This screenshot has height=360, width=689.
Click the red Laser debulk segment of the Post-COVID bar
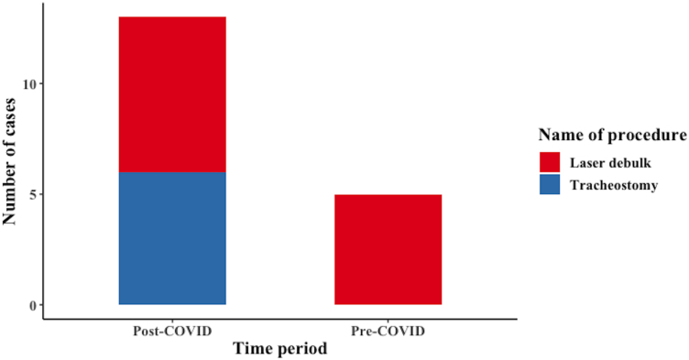click(172, 94)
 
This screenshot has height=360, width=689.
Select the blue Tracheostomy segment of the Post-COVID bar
click(172, 238)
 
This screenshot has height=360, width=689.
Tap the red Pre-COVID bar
click(388, 249)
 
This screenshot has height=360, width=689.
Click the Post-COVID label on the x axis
click(172, 330)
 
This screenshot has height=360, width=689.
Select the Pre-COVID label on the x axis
click(388, 330)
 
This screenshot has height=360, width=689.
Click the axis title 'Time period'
click(279, 349)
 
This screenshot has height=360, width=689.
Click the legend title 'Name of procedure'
click(613, 136)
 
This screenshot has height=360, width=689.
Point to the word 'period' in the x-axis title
click(303, 349)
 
